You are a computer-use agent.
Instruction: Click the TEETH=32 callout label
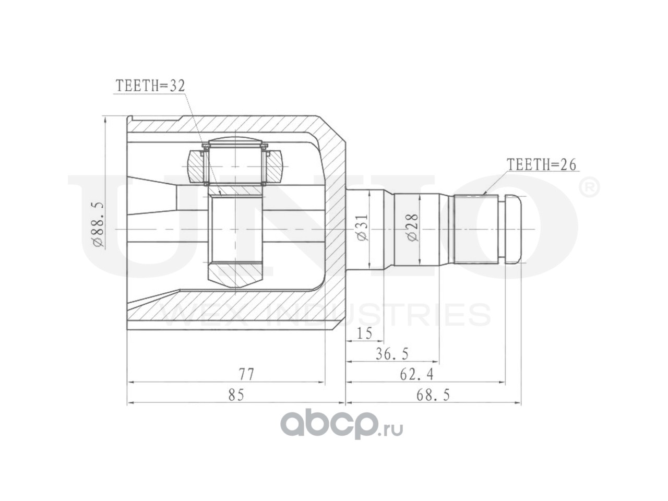click(150, 87)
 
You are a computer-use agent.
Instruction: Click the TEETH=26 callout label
click(541, 165)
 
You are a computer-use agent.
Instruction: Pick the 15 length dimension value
click(364, 333)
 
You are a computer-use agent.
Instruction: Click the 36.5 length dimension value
click(392, 354)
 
